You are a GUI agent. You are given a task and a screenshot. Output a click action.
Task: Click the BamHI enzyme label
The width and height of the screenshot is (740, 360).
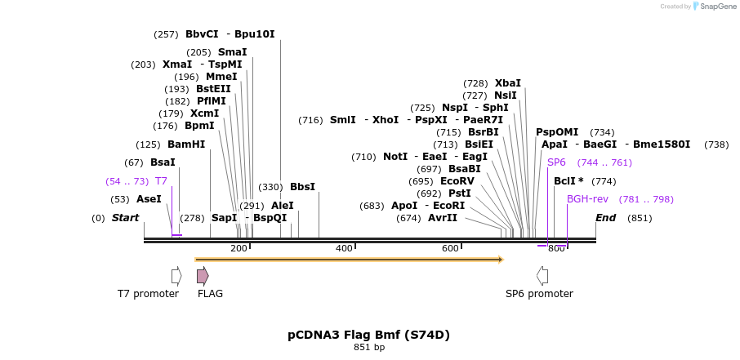(186, 144)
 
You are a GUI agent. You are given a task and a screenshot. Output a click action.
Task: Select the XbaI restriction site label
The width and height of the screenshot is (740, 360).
(507, 83)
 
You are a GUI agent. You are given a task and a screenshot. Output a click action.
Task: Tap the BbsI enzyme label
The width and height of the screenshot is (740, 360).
(302, 187)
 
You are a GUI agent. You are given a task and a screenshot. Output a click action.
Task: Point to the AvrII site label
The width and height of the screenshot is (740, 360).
(443, 218)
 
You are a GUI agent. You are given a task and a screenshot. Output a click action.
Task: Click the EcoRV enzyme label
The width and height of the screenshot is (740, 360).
(457, 181)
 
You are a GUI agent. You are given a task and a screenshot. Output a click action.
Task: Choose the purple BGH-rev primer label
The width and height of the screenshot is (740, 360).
(587, 199)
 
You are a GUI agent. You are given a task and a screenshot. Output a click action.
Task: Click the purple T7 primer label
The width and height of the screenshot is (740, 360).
(161, 181)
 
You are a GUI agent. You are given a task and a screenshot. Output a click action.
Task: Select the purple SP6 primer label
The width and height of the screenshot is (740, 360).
(556, 162)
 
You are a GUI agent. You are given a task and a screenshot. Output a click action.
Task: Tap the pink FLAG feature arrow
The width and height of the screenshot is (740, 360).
(203, 276)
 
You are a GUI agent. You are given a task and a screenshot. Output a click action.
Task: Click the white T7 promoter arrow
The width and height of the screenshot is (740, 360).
(176, 276)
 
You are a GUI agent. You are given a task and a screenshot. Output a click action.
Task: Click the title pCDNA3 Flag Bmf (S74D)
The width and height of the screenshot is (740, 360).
(368, 335)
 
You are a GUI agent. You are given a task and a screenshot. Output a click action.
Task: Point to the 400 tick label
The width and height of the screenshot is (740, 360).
(344, 248)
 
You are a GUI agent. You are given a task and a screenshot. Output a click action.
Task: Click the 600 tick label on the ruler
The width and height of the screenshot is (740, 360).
(450, 248)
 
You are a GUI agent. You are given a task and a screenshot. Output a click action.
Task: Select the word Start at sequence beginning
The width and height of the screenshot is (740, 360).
(125, 218)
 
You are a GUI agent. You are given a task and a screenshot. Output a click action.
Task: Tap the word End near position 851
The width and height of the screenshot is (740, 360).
(605, 218)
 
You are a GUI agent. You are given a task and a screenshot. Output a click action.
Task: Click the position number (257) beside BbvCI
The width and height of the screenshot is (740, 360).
(166, 34)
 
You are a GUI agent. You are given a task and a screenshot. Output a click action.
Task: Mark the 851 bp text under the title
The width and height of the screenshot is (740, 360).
(368, 348)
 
